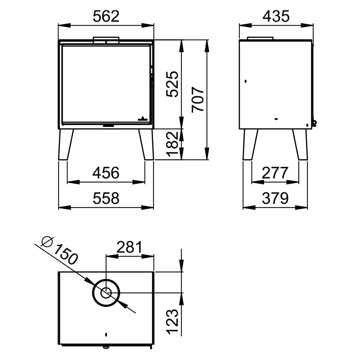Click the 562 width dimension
click(106, 17)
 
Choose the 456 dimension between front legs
click(106, 173)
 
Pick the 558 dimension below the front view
click(106, 198)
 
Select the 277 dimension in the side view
click(274, 173)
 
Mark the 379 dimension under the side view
click(274, 198)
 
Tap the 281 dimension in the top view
click(129, 247)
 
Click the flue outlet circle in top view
click(107, 293)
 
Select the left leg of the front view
click(66, 145)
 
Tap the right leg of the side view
click(300, 145)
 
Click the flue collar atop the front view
click(106, 40)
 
